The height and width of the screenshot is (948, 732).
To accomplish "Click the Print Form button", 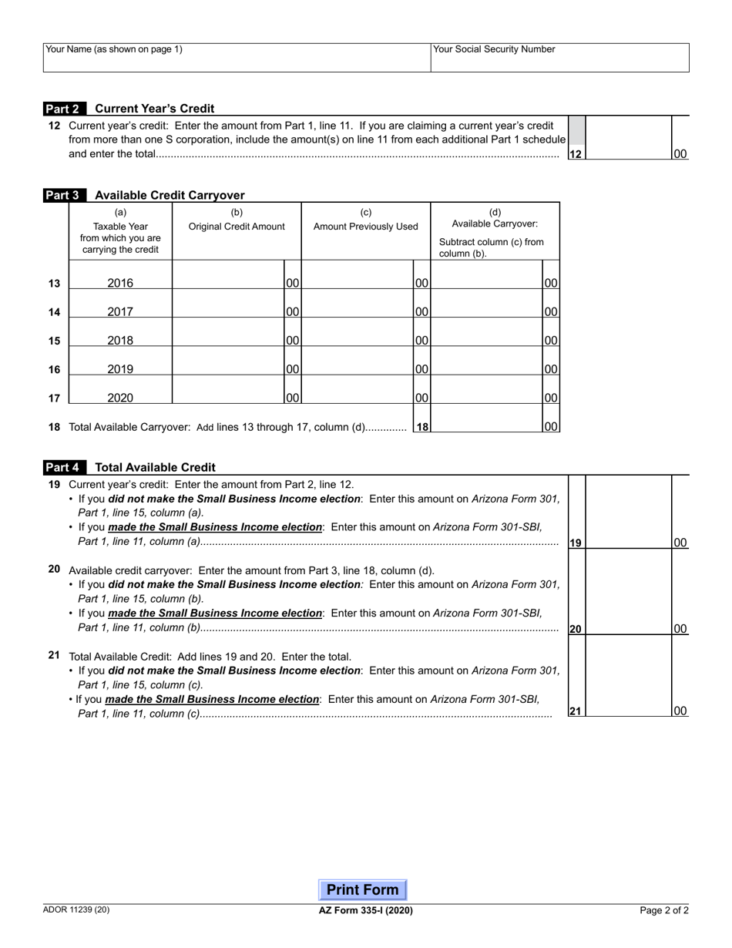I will (x=363, y=889).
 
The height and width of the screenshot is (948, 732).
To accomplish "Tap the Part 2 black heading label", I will (x=65, y=109).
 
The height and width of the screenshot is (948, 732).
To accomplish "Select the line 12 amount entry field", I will (x=628, y=139).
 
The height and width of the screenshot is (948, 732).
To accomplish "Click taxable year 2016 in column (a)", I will (x=120, y=283).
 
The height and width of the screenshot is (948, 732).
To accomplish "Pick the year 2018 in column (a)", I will (x=120, y=341).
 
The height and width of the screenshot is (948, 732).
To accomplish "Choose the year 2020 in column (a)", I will (x=120, y=398).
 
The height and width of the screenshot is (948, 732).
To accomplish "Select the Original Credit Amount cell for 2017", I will (x=228, y=304).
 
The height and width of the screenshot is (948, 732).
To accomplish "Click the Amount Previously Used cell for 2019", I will (x=358, y=362).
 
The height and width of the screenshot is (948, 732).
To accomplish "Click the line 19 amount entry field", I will (x=628, y=513).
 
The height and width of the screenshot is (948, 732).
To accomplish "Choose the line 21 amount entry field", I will (x=628, y=678).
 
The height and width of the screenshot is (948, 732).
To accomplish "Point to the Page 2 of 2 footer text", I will (x=664, y=910).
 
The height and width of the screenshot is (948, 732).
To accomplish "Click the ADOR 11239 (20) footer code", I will (x=76, y=909).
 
